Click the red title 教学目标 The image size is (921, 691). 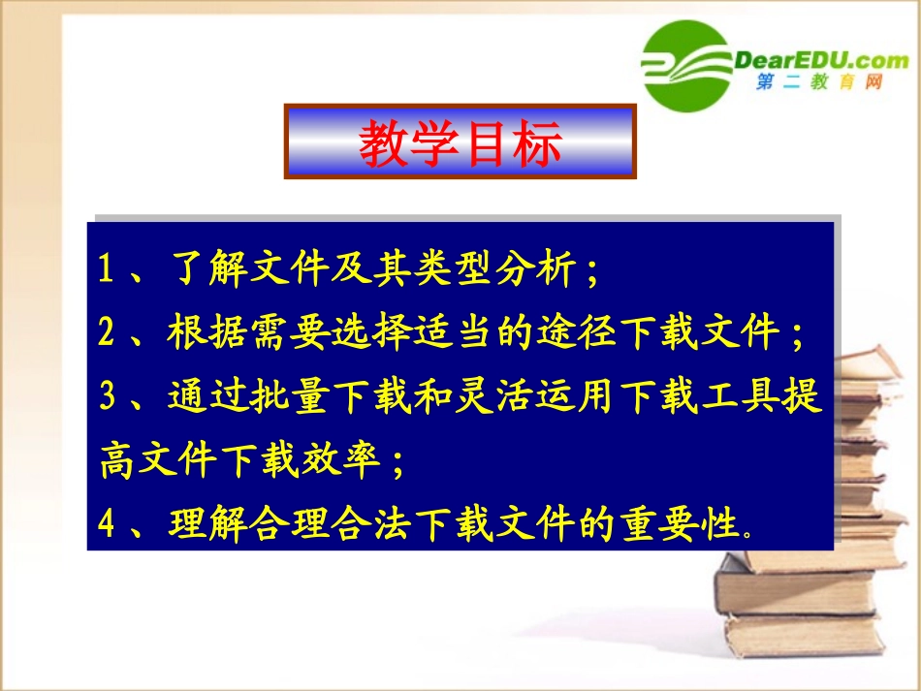(x=460, y=143)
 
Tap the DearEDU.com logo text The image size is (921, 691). (x=821, y=60)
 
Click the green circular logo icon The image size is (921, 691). (x=686, y=65)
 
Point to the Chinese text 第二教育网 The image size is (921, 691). (x=819, y=84)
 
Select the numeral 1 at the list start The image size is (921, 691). (x=107, y=269)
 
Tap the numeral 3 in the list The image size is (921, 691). (x=107, y=398)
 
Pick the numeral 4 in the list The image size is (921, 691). (x=107, y=524)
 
